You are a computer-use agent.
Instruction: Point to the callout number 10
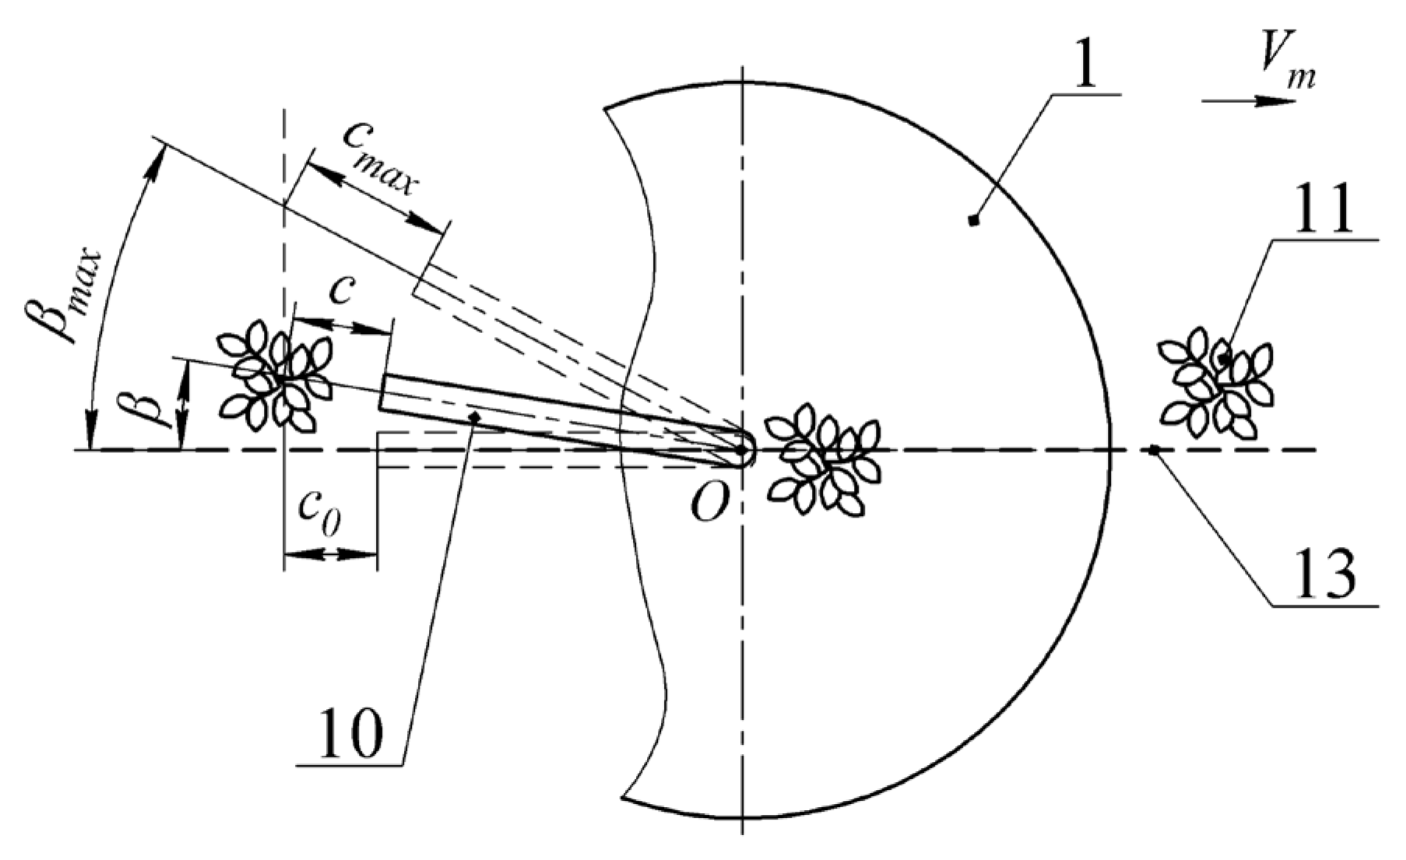coord(350,734)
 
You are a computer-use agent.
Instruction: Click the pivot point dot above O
coord(742,450)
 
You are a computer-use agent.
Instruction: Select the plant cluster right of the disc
coord(1216,380)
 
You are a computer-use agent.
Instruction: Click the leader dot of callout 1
coord(973,221)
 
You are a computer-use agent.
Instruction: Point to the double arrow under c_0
coord(330,555)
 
